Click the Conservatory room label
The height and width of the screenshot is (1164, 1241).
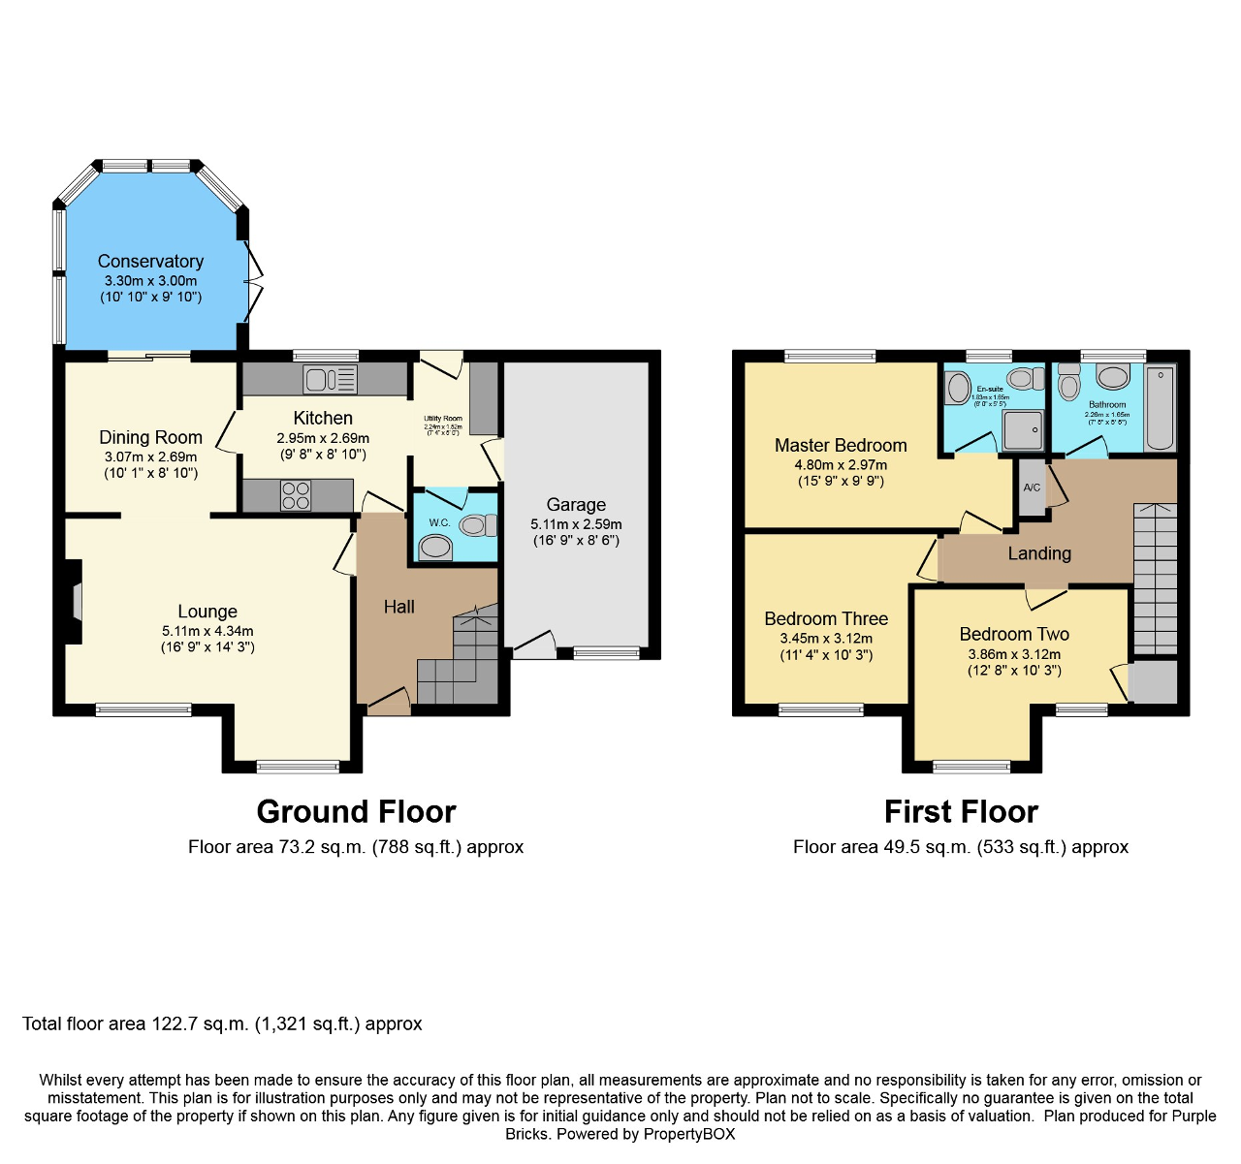[x=150, y=262]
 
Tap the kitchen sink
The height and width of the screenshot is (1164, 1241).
[x=330, y=379]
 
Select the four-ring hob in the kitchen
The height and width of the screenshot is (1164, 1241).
[x=296, y=496]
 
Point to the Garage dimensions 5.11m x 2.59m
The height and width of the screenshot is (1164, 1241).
[x=576, y=524]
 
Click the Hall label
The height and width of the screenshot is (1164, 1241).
[x=398, y=607]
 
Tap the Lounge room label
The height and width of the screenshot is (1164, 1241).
[x=207, y=612]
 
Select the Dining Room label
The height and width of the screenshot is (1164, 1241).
[x=150, y=437]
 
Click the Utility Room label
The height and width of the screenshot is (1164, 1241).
[x=443, y=419]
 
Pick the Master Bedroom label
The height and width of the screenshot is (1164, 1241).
[x=841, y=446]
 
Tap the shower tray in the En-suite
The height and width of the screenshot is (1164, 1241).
[x=1023, y=429]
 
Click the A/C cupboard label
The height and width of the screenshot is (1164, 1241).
[x=1032, y=488]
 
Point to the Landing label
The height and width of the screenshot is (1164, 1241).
[x=1039, y=553]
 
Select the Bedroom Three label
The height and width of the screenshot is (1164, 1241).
[x=826, y=618]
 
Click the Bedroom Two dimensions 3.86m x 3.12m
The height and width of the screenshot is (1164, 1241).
[x=1014, y=654]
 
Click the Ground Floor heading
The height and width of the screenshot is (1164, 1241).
[x=356, y=811]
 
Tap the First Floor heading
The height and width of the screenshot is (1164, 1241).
[x=961, y=811]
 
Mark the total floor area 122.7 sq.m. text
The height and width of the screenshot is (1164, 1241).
[x=222, y=1024]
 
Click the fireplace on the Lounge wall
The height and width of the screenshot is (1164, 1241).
[x=74, y=602]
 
